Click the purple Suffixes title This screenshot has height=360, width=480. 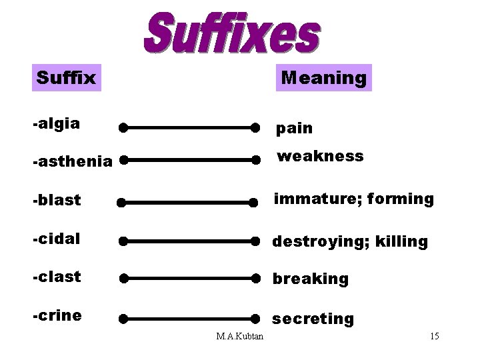(x=231, y=33)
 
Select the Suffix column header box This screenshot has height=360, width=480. (x=66, y=78)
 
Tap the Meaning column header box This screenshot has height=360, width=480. (x=323, y=78)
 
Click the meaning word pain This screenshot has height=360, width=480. (x=294, y=127)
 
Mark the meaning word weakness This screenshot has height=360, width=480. (x=320, y=157)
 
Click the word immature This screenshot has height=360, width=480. (x=306, y=199)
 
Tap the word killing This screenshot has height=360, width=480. (x=401, y=241)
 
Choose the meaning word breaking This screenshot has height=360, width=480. (x=310, y=279)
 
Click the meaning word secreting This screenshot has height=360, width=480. (x=313, y=319)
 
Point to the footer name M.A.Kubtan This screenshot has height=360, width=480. (x=240, y=335)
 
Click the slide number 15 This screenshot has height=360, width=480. (x=434, y=336)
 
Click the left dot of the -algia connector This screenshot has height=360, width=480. (x=123, y=127)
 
